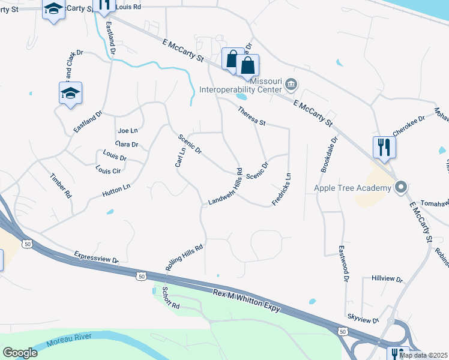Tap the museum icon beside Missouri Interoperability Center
291,83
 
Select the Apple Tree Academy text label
353,188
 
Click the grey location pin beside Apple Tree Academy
401,188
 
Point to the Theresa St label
252,116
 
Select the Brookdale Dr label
330,154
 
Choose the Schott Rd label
170,298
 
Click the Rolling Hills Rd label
185,257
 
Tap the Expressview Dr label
97,257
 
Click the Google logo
20,353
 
